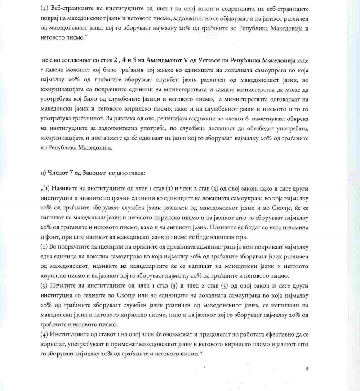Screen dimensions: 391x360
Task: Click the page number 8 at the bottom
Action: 307,369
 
